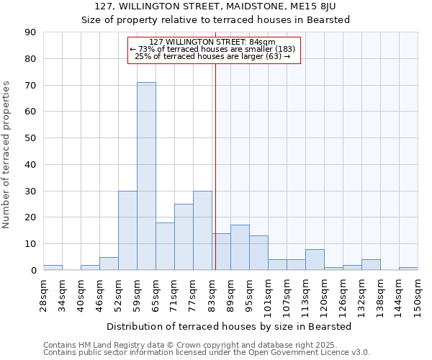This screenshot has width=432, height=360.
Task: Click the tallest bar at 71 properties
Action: pos(146,176)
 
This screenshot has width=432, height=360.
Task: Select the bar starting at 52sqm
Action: pos(127,230)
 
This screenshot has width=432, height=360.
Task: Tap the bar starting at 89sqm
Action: pos(240,248)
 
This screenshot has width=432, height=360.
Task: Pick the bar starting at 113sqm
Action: pos(315,260)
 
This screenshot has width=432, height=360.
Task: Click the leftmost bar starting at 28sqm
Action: pos(53,267)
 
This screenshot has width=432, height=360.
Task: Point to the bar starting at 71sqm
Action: pos(184,237)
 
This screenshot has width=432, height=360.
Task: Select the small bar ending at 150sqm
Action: pos(408,269)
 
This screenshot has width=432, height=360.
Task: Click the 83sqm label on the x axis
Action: pos(212,291)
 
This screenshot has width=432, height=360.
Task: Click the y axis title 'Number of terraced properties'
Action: pos(6,155)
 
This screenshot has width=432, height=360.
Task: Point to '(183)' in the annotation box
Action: pos(282,49)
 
